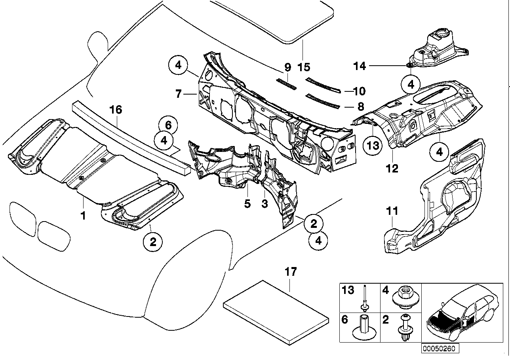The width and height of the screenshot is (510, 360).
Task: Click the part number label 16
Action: pos(116,110)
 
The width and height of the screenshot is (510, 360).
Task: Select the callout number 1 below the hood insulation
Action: pos(83,216)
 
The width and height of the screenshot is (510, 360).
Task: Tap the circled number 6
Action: pos(168,126)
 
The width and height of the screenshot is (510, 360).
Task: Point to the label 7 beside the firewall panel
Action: pos(179,94)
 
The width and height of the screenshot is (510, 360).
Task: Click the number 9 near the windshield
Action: pos(288,67)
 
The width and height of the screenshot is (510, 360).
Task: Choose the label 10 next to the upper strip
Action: pos(360,91)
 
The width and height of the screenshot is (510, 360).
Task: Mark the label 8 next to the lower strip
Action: pos(360,106)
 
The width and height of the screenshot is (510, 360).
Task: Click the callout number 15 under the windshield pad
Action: pos(304,67)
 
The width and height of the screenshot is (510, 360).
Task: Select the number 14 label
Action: pos(360,66)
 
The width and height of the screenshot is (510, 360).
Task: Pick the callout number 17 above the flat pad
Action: pos(290,272)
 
